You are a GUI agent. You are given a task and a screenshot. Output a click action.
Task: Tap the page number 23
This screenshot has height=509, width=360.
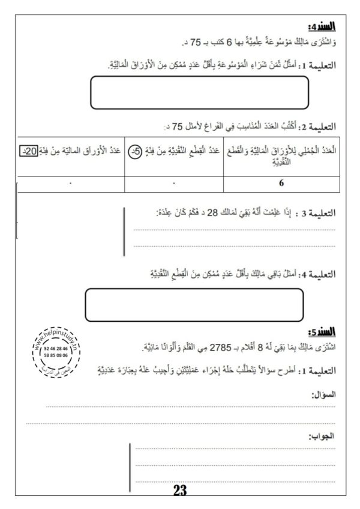[180, 490]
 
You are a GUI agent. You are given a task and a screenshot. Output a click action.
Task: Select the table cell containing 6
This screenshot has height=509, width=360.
[281, 184]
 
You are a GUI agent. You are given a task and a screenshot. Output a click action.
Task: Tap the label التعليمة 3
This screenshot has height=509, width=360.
[315, 214]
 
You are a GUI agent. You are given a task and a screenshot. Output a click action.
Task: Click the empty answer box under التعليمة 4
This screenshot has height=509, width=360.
[196, 304]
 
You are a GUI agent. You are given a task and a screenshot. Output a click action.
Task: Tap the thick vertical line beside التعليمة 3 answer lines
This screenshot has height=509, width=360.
[124, 230]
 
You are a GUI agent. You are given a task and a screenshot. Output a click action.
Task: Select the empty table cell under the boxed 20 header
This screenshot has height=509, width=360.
[71, 184]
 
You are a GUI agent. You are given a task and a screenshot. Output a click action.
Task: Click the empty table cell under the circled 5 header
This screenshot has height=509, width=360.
[173, 184]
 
